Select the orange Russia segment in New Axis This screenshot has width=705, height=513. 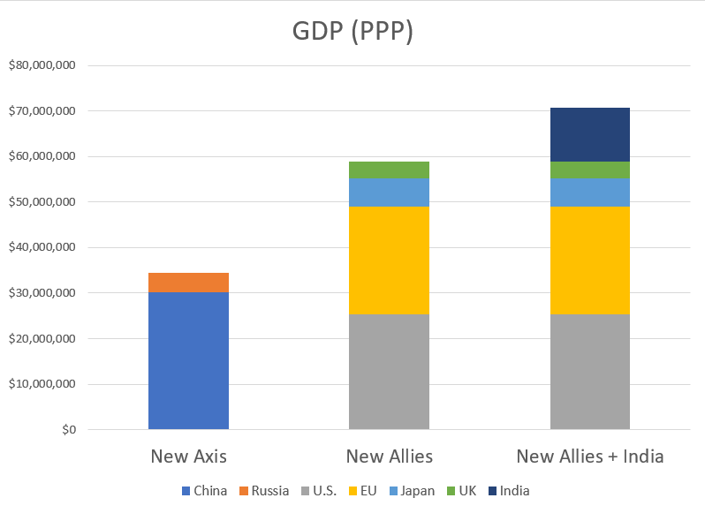click(188, 283)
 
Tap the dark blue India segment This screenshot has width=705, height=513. click(589, 134)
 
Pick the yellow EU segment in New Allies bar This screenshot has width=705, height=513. click(389, 260)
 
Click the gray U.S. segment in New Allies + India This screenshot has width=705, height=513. click(589, 372)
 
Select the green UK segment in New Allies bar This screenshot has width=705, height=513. click(389, 170)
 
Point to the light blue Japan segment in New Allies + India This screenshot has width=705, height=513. click(589, 192)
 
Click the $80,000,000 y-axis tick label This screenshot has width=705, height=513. click(43, 65)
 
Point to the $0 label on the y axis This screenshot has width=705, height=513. click(68, 430)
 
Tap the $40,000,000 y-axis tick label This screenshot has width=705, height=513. click(43, 247)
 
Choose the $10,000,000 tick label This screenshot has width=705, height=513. click(43, 384)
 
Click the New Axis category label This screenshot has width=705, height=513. click(188, 456)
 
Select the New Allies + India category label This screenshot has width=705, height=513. click(589, 456)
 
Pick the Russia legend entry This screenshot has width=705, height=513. click(262, 491)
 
